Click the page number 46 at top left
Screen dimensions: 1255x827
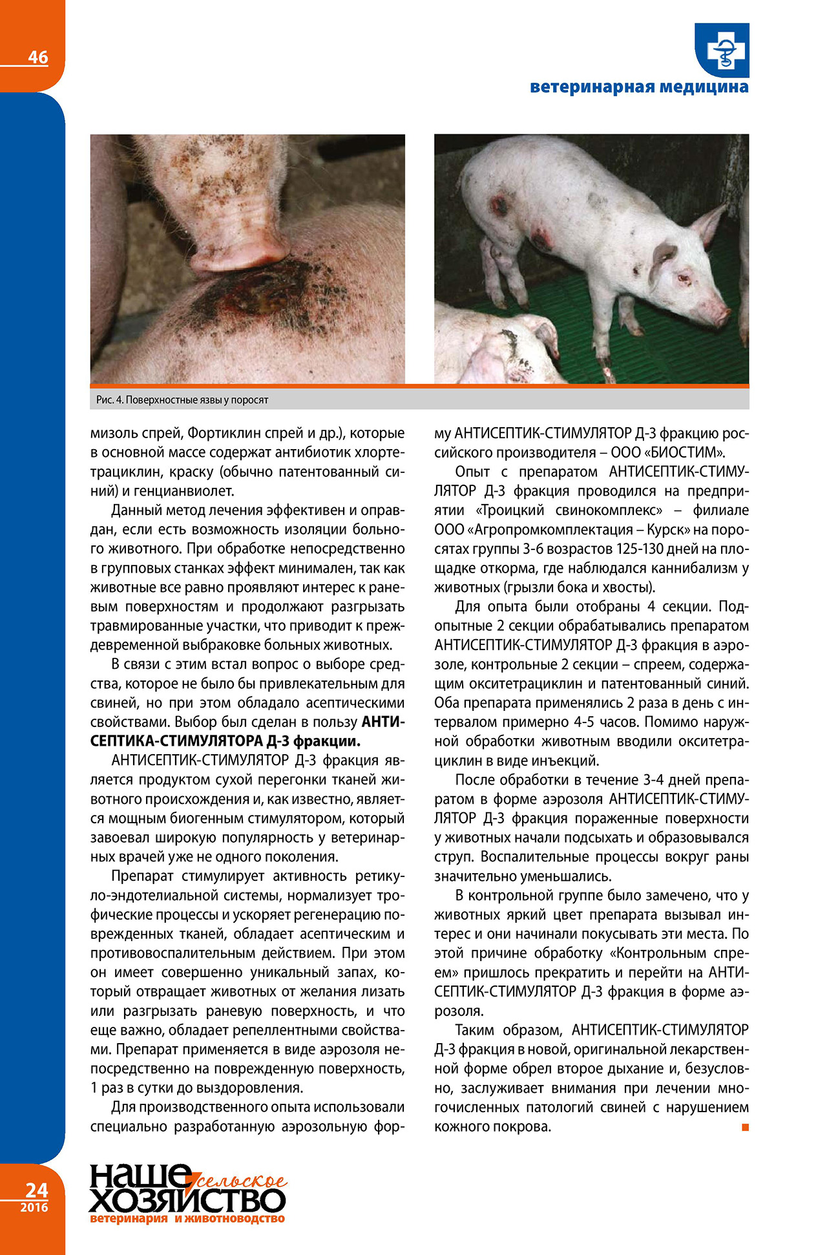click(x=37, y=58)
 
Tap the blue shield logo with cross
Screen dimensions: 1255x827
click(x=722, y=50)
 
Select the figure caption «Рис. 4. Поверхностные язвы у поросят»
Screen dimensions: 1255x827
click(x=182, y=400)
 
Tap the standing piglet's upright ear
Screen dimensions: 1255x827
click(x=709, y=223)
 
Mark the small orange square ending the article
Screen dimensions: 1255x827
click(x=745, y=1128)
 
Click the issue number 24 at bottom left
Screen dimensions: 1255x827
click(x=36, y=1190)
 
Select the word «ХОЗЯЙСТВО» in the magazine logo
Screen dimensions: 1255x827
click(x=187, y=1201)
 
